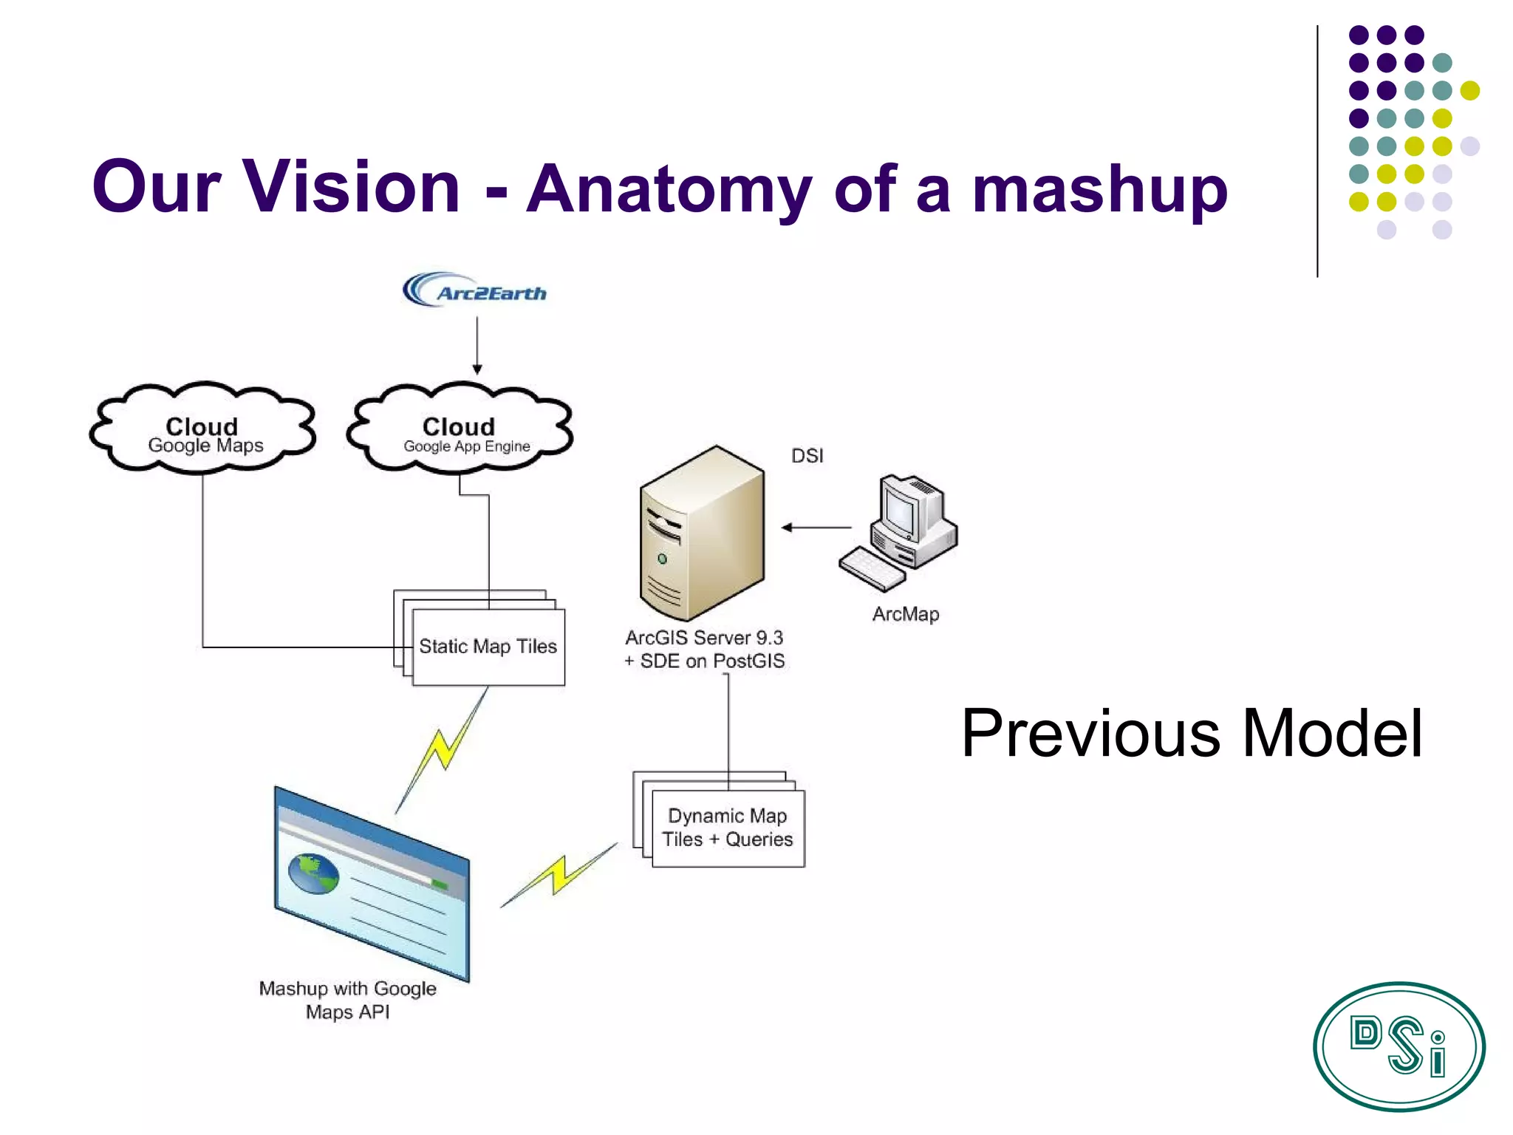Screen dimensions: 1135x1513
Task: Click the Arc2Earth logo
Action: pyautogui.click(x=474, y=290)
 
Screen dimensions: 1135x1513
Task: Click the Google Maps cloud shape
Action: pyautogui.click(x=203, y=429)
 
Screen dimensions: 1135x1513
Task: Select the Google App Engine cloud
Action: pyautogui.click(x=460, y=429)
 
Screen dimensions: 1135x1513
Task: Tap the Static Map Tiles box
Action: pyautogui.click(x=488, y=647)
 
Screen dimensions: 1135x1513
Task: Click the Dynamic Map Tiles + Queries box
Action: pyautogui.click(x=728, y=828)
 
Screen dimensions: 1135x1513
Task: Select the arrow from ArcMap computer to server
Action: pyautogui.click(x=816, y=528)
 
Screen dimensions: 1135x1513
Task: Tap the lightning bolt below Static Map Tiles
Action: pyautogui.click(x=442, y=750)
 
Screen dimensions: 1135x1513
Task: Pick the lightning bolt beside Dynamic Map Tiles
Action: pyautogui.click(x=559, y=875)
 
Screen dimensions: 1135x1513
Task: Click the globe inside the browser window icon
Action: pyautogui.click(x=313, y=873)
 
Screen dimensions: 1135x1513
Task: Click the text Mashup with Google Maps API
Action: pyautogui.click(x=347, y=1000)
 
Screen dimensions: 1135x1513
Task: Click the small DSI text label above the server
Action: pyautogui.click(x=807, y=456)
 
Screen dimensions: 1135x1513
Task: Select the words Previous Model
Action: pyautogui.click(x=1191, y=733)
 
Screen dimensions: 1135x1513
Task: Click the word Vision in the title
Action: pyautogui.click(x=352, y=186)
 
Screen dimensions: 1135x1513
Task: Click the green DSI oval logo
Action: pyautogui.click(x=1398, y=1046)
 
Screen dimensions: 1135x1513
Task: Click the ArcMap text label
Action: pyautogui.click(x=905, y=614)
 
